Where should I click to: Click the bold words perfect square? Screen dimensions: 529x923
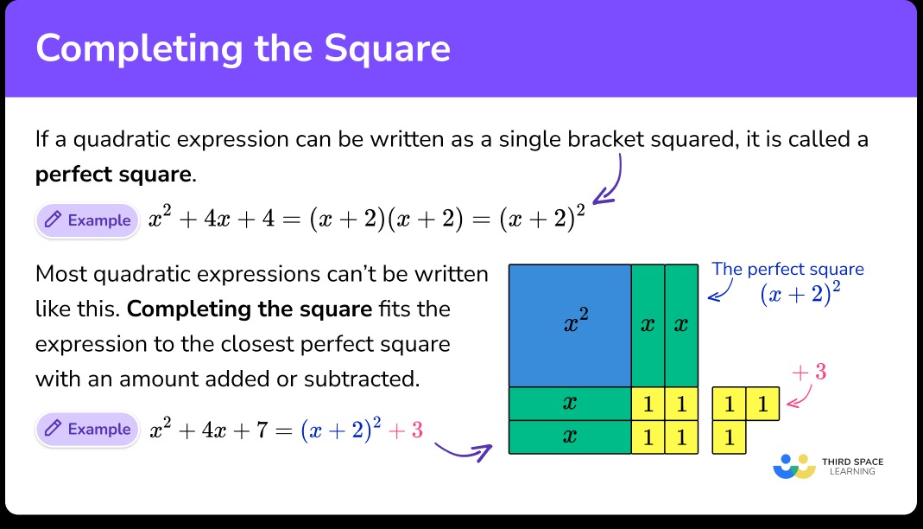click(x=112, y=175)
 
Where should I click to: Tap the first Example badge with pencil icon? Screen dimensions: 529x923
click(x=87, y=220)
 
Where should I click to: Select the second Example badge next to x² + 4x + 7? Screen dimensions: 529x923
click(x=87, y=430)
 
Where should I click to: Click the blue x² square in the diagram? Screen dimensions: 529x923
click(x=570, y=325)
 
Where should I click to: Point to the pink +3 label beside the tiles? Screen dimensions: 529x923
click(x=809, y=373)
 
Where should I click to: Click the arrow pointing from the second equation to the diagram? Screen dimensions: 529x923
click(x=462, y=449)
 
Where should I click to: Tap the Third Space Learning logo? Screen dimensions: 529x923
click(x=827, y=466)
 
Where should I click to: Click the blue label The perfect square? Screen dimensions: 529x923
click(x=787, y=269)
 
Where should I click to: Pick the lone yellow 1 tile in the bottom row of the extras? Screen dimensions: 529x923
click(x=729, y=437)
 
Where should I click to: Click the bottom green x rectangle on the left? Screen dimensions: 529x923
click(x=570, y=437)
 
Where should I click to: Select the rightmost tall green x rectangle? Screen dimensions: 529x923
click(x=681, y=325)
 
